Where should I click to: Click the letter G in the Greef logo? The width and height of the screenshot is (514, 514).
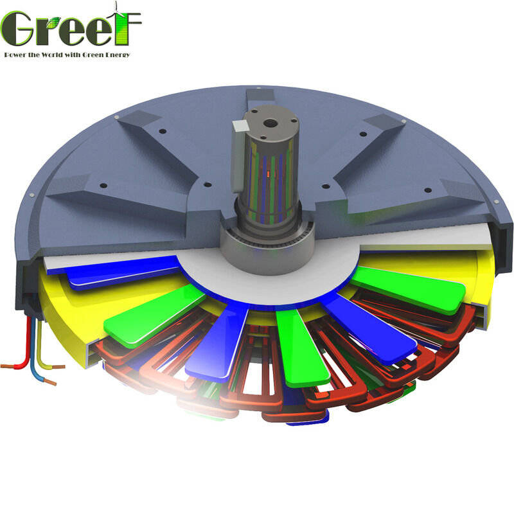(18, 29)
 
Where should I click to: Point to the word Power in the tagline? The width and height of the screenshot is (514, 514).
(15, 55)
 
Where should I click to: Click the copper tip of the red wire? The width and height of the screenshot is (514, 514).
(6, 367)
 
